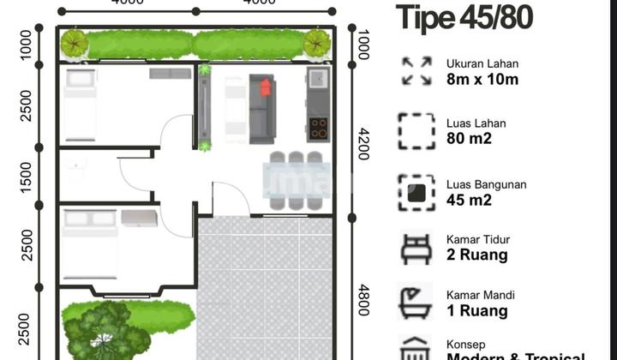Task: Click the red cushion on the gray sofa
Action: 265,87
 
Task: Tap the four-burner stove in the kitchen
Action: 318,129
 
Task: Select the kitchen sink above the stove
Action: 317,80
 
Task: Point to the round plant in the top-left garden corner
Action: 75,42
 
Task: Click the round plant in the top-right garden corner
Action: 316,42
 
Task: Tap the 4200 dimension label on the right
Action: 363,145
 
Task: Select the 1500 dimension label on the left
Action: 27,176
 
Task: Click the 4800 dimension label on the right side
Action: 363,300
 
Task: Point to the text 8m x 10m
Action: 482,80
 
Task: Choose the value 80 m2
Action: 470,139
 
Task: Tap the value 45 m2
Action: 470,200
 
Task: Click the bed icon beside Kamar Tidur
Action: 416,248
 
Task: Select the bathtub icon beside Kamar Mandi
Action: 416,303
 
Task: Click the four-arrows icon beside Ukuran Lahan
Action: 416,71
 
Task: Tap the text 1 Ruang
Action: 477,311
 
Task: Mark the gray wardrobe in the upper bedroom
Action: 171,74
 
